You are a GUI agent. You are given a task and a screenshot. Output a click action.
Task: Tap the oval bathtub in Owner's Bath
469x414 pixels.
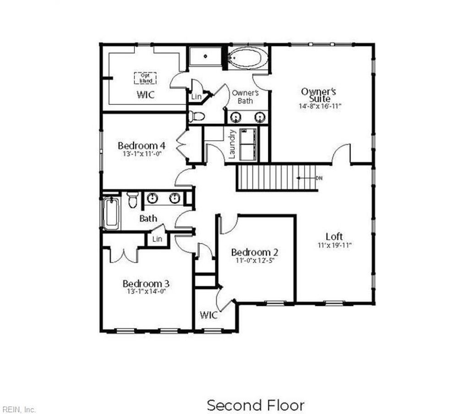pyautogui.click(x=247, y=59)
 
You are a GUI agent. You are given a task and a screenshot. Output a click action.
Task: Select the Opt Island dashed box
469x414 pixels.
pyautogui.click(x=146, y=78)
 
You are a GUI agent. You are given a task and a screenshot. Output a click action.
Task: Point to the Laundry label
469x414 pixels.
pyautogui.click(x=232, y=144)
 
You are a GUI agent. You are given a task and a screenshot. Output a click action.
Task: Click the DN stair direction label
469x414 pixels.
pyautogui.click(x=319, y=178)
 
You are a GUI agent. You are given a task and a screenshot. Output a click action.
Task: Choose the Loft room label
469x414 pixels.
pyautogui.click(x=334, y=236)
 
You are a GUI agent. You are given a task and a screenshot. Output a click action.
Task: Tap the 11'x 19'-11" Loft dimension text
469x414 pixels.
pyautogui.click(x=334, y=245)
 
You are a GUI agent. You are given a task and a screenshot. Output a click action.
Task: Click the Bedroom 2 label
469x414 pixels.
pyautogui.click(x=255, y=252)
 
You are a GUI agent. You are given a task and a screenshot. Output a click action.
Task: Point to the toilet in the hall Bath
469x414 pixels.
pyautogui.click(x=132, y=199)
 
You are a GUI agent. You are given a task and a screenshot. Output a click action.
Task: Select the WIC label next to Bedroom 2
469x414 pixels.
pyautogui.click(x=208, y=315)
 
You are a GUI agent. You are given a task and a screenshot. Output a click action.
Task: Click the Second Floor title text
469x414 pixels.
pyautogui.click(x=256, y=405)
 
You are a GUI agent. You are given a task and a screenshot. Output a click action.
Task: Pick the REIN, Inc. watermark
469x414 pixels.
pyautogui.click(x=18, y=409)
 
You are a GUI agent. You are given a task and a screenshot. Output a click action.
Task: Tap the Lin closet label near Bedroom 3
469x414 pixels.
pyautogui.click(x=157, y=239)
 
